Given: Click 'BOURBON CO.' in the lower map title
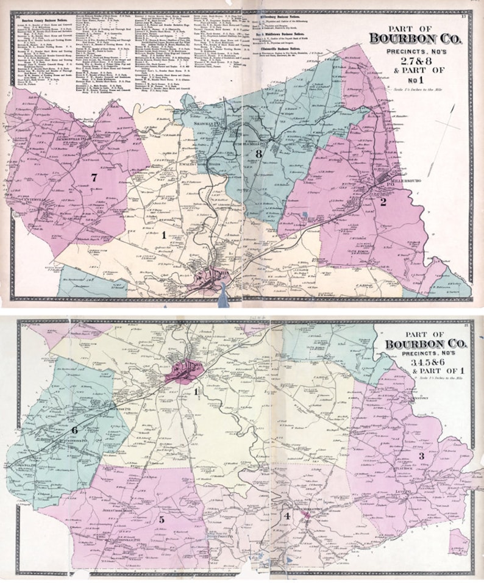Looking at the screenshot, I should click(x=425, y=345).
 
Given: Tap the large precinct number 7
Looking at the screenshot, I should click(x=94, y=177).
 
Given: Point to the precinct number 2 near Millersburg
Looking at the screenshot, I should click(x=384, y=202).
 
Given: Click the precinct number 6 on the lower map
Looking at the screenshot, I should click(x=75, y=429).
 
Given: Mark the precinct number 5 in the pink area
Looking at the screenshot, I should click(x=162, y=520).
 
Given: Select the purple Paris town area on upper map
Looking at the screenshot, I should click(x=213, y=276).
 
